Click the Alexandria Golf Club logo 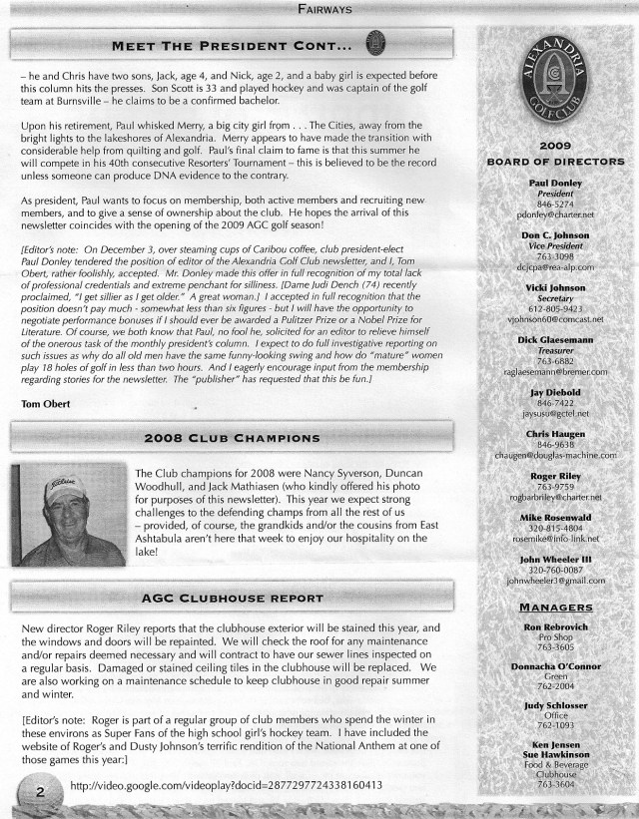[x=554, y=81]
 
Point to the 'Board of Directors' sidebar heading [x=554, y=162]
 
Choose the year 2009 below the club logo [x=554, y=146]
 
